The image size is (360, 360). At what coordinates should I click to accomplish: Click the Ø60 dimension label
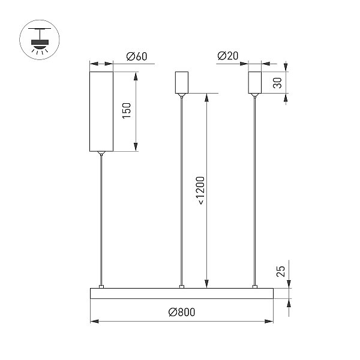point(137,56)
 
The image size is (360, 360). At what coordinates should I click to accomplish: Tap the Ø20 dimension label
point(228,56)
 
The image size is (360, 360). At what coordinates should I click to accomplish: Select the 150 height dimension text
point(127,110)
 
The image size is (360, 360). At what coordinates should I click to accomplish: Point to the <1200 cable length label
point(200,190)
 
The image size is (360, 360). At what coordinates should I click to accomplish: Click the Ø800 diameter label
point(182,312)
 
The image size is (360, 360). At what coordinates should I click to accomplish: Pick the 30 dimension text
point(277,83)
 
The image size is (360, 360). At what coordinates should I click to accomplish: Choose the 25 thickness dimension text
point(281,271)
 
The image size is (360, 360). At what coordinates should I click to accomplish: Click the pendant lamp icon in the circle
point(40,40)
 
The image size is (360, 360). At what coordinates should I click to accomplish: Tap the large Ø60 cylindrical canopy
point(101,112)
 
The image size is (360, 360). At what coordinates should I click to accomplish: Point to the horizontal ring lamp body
point(182,293)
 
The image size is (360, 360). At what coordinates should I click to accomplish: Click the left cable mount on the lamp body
point(101,287)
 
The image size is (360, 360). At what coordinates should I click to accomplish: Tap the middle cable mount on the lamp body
point(182,287)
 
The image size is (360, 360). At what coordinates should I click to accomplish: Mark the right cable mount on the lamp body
point(255,287)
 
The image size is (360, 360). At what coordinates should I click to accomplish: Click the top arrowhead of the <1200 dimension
point(206,97)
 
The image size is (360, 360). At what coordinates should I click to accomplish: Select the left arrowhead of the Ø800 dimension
point(94,321)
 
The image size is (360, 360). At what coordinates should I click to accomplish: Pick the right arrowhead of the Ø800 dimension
point(269,321)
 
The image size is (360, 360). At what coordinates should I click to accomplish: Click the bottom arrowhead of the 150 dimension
point(136,147)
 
